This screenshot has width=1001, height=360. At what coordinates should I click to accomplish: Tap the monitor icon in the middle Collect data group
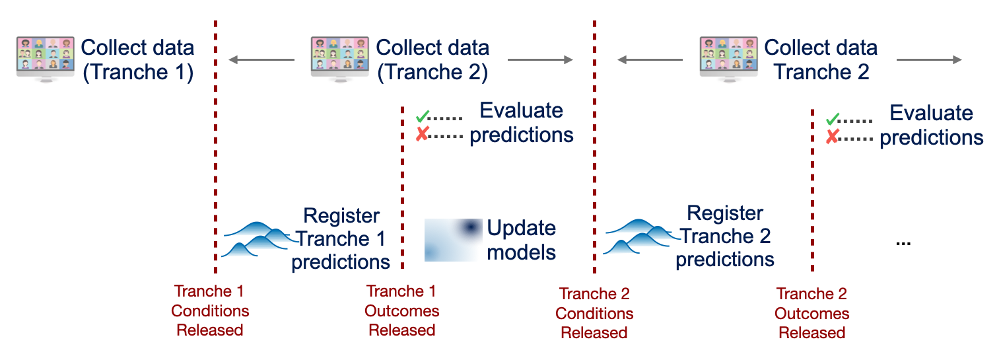[339, 57]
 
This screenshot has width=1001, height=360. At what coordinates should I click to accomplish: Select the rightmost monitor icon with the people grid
[728, 57]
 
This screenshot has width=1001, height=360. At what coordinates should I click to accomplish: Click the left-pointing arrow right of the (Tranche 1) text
[261, 60]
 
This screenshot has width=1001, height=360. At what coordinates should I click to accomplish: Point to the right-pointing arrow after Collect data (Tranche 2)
[540, 60]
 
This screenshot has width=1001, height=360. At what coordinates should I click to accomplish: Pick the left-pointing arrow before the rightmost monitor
[650, 60]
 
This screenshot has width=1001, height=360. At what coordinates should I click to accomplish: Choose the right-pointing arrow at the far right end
[928, 60]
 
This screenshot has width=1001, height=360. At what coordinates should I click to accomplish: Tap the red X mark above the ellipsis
[833, 137]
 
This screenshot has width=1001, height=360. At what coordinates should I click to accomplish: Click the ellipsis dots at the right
[903, 243]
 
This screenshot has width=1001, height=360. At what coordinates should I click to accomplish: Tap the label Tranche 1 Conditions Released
[209, 310]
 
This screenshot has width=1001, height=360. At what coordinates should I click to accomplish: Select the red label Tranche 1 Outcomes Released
[401, 310]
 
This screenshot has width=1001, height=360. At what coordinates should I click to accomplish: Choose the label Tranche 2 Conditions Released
[594, 313]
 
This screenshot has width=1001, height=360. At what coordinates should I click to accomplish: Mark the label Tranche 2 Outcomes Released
[811, 313]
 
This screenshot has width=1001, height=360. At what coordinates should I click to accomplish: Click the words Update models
[522, 240]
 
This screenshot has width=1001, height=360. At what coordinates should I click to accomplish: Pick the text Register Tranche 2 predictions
[725, 236]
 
